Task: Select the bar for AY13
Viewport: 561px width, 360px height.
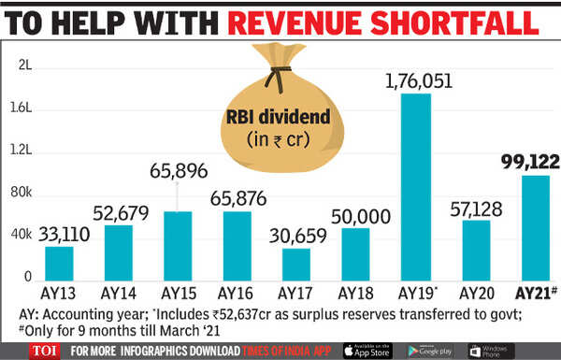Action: (59, 263)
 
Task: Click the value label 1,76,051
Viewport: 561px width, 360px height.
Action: (415, 81)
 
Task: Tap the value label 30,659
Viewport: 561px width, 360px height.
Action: (297, 235)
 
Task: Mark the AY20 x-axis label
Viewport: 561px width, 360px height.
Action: (476, 293)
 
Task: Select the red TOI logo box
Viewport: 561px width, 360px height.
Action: (35, 348)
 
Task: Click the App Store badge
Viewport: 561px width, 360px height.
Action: (366, 348)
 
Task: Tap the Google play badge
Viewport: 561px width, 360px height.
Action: (432, 348)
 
